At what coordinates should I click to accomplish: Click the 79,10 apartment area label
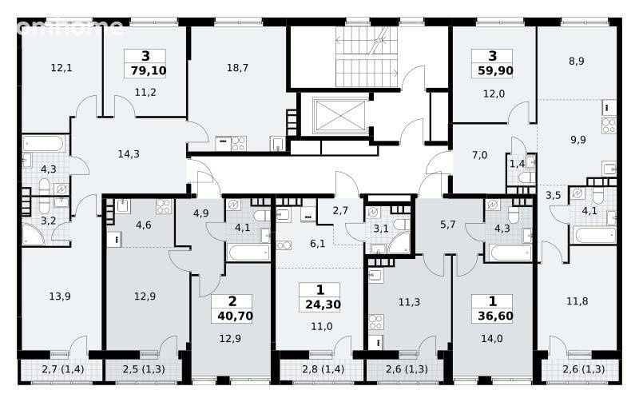coord(149,71)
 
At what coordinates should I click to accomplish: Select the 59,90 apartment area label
coord(495,71)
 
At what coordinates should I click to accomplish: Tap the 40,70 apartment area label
coord(235,316)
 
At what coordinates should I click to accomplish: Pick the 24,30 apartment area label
coord(323,304)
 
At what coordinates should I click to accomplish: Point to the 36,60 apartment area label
coord(495,316)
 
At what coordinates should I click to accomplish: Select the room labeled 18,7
coord(237,68)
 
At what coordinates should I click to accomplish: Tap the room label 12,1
coord(62,68)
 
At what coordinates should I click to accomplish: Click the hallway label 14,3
coord(129,154)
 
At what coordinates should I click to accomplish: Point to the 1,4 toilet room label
coord(517,164)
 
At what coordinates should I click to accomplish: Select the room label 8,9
coord(577,62)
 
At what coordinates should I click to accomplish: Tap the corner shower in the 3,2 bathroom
coord(34,234)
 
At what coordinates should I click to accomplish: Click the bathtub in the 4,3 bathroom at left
coord(43,144)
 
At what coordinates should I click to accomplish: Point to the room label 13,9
coord(60,297)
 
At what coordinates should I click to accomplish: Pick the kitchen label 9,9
coord(578,140)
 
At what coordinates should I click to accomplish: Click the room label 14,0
coord(492,339)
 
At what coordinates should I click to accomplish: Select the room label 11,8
coord(577,302)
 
